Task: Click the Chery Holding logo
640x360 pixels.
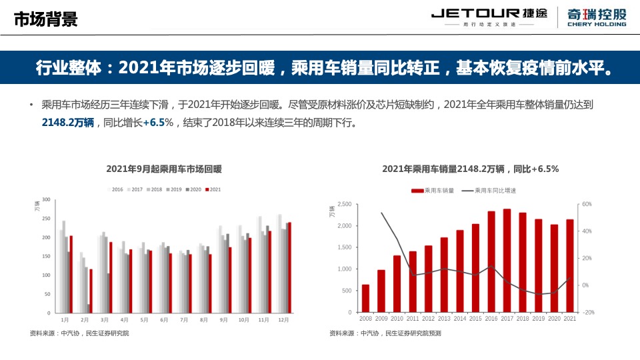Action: [596, 17]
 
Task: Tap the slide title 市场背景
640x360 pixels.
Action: [46, 19]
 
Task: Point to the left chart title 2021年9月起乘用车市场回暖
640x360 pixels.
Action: [163, 169]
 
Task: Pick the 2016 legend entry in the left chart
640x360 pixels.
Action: [117, 189]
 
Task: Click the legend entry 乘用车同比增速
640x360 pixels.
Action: [495, 190]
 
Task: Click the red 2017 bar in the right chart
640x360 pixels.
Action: [507, 260]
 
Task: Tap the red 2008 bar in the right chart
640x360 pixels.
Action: [365, 298]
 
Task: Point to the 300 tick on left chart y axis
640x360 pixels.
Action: [46, 199]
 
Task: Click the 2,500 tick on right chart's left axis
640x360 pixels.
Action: [343, 204]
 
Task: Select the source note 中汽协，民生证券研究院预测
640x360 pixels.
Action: [385, 333]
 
